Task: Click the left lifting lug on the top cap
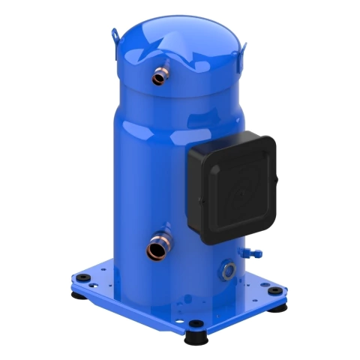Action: (115, 35)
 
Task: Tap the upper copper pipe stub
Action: (159, 76)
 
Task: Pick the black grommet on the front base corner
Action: (196, 325)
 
